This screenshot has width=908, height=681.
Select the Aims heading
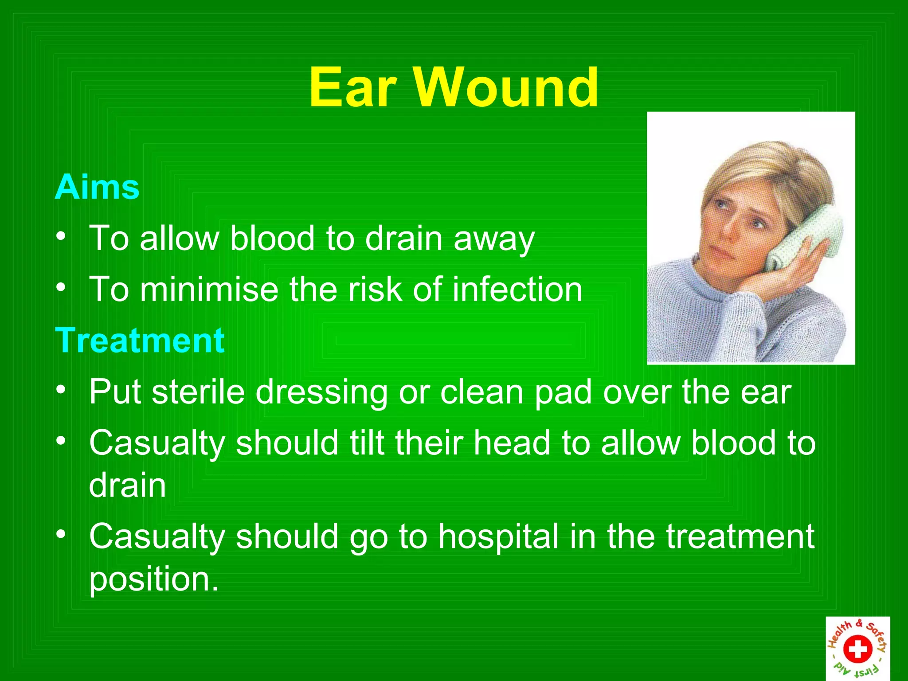click(x=97, y=188)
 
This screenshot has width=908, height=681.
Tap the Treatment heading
click(x=140, y=340)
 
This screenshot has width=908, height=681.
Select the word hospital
click(x=498, y=536)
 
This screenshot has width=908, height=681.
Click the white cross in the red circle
click(x=857, y=649)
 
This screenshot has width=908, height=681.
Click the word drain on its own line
click(x=128, y=485)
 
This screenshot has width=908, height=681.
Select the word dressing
click(x=321, y=393)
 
